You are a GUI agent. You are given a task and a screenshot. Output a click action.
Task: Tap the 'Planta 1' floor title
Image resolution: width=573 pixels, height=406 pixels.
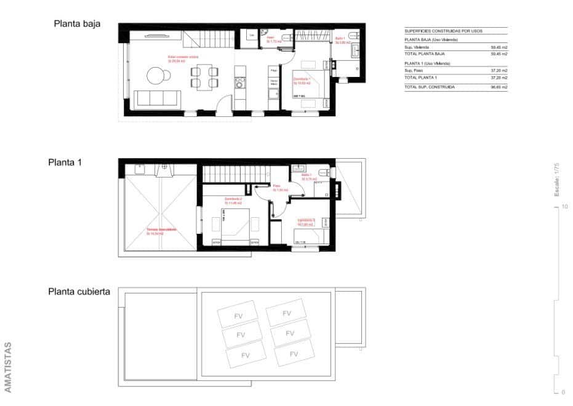[65, 163]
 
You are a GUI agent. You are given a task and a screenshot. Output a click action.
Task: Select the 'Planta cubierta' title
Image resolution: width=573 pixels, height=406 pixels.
[79, 292]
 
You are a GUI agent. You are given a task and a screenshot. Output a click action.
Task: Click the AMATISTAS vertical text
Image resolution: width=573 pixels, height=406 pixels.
[8, 367]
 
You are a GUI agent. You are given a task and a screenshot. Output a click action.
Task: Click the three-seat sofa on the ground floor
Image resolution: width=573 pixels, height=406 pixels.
[157, 98]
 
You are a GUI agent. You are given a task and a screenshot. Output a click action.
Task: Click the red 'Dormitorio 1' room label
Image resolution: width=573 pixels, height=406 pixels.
[302, 79]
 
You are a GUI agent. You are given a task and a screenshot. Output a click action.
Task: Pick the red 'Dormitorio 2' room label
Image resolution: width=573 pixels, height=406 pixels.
[233, 199]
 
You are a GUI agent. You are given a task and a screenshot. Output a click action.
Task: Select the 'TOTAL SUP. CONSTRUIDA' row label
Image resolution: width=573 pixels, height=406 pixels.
[430, 87]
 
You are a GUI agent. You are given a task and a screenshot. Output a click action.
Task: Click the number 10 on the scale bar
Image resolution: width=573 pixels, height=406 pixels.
[564, 207]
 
